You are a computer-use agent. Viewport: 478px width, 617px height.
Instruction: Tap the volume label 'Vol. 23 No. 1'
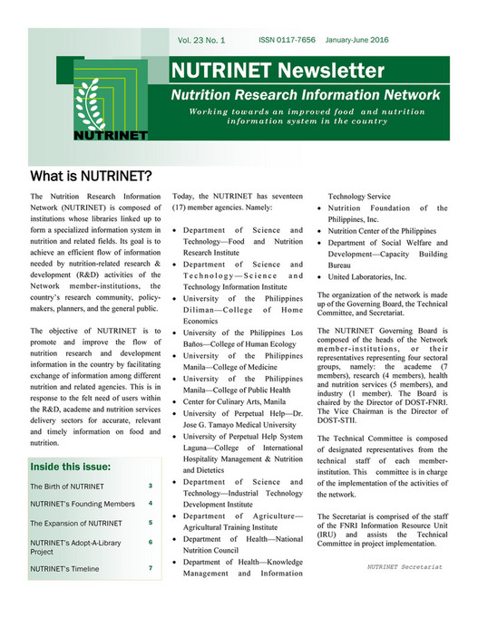201,41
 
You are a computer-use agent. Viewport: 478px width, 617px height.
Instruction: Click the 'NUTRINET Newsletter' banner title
265,71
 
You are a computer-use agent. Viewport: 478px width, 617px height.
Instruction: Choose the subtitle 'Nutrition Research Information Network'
307,95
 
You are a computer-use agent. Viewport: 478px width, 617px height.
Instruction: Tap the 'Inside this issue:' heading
71,467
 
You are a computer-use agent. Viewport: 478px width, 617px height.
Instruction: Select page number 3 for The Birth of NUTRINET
150,487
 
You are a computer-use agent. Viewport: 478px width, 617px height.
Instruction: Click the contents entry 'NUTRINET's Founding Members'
82,504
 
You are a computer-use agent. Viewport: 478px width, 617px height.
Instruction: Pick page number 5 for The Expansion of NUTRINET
150,523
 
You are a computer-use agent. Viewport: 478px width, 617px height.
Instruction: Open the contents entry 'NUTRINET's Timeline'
65,569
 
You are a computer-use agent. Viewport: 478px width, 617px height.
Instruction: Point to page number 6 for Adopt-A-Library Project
150,542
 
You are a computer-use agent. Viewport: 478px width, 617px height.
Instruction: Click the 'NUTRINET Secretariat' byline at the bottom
405,566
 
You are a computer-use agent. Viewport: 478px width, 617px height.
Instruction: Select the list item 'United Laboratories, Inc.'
367,277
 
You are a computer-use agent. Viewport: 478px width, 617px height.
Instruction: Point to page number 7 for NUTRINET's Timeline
150,568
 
